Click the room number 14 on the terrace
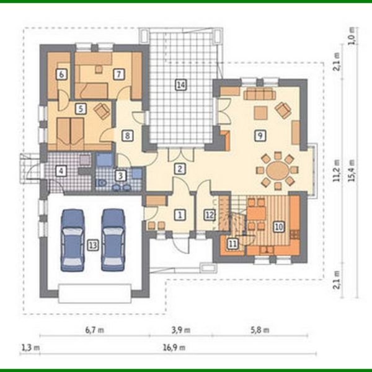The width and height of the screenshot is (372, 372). [180, 86]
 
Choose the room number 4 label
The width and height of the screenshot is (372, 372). [61, 170]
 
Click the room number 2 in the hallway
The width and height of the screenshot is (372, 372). [179, 168]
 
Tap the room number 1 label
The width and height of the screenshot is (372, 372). [180, 215]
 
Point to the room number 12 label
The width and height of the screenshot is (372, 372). [209, 215]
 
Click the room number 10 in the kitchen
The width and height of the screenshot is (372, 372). [278, 227]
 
